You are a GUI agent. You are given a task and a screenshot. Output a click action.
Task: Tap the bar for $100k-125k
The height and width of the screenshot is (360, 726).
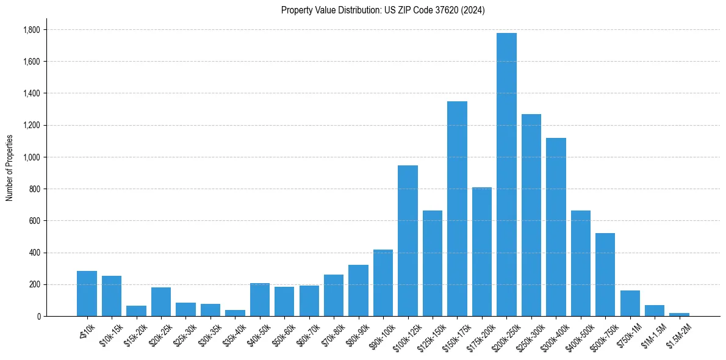[408, 241]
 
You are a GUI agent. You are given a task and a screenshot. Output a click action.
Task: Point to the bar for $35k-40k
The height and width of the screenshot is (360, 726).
[235, 313]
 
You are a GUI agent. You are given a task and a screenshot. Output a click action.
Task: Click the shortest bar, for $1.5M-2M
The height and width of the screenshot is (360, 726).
[679, 314]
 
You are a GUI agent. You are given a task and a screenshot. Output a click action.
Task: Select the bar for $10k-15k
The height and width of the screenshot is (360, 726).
[112, 296]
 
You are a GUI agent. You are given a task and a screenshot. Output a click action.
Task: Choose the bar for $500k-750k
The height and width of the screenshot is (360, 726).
[605, 275]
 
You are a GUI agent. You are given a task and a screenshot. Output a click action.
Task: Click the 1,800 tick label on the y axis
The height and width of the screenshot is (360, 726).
[32, 30]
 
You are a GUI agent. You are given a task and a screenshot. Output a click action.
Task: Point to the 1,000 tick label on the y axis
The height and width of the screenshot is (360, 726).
[32, 157]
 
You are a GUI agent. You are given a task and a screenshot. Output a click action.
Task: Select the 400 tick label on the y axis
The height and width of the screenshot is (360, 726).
[35, 253]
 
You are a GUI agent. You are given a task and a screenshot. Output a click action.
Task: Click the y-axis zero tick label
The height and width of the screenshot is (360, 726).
[39, 317]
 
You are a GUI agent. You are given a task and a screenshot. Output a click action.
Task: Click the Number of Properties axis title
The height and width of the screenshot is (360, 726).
[9, 167]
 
